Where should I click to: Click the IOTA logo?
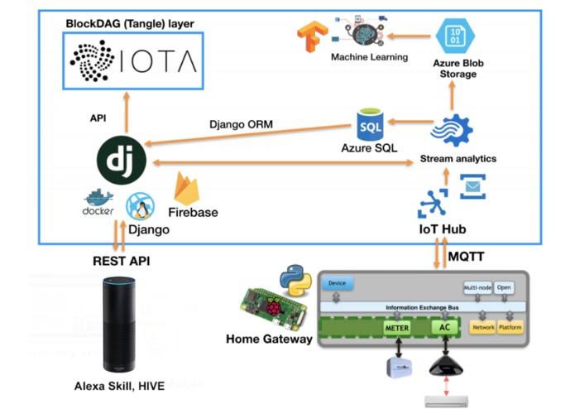point(133,61)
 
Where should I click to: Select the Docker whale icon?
point(98,200)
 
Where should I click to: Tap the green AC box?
point(443,329)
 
